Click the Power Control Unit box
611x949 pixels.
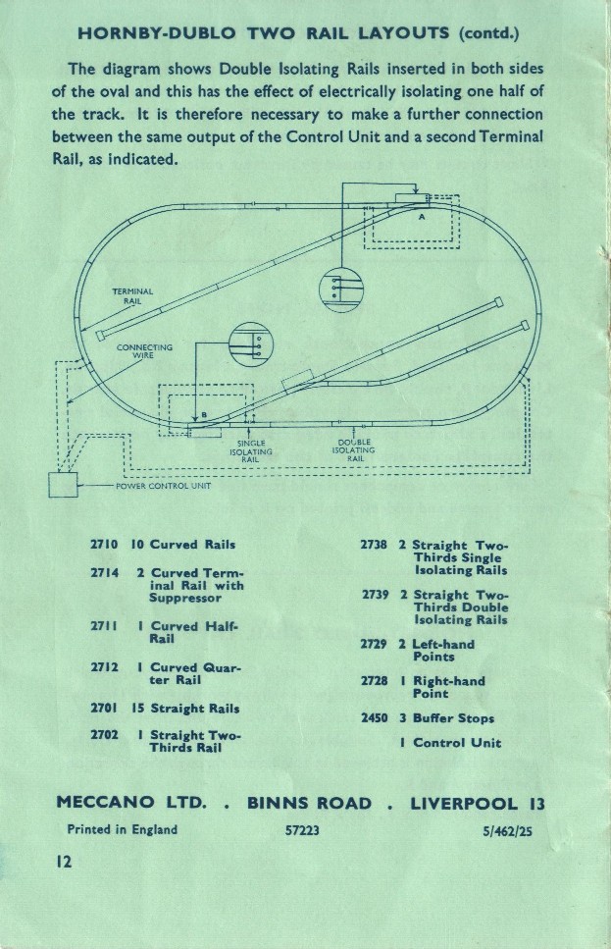click(x=63, y=485)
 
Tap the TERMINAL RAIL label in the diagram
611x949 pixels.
click(x=131, y=295)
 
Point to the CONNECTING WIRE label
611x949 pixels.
click(x=144, y=351)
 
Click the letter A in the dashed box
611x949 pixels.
click(x=422, y=218)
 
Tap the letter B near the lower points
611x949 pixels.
click(x=203, y=416)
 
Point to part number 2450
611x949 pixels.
click(x=377, y=717)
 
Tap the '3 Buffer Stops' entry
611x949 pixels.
click(x=446, y=717)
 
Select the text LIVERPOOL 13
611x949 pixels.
click(x=477, y=804)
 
